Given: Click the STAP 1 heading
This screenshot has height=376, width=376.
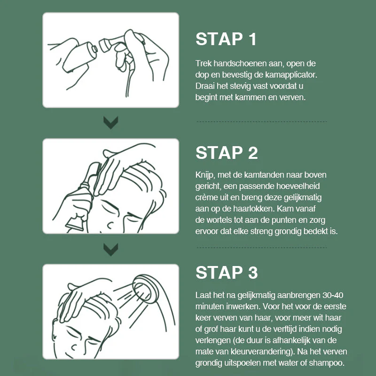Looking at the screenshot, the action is [226, 39].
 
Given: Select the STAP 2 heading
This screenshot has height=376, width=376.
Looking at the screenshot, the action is [227, 153].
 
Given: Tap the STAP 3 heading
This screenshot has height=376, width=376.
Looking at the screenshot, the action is [227, 273].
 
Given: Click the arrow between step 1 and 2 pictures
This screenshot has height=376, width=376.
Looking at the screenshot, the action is [111, 123].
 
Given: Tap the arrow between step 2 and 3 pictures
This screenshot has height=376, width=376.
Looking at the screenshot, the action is [111, 250].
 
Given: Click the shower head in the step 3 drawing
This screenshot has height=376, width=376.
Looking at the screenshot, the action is [146, 289].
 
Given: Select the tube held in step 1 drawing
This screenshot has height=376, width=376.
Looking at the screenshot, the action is [79, 57].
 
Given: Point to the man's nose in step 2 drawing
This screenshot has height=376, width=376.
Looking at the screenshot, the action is [110, 225].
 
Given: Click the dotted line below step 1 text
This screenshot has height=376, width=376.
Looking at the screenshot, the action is [262, 122].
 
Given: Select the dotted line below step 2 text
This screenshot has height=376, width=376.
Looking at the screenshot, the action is [262, 247].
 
